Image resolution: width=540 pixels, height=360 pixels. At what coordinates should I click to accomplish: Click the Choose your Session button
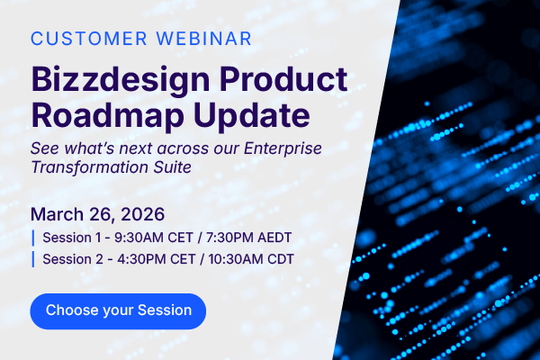pos(118,310)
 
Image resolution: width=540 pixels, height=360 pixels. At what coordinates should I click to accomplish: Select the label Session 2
pos(70,260)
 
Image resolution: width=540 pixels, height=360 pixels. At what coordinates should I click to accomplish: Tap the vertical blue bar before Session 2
pos(33,260)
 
